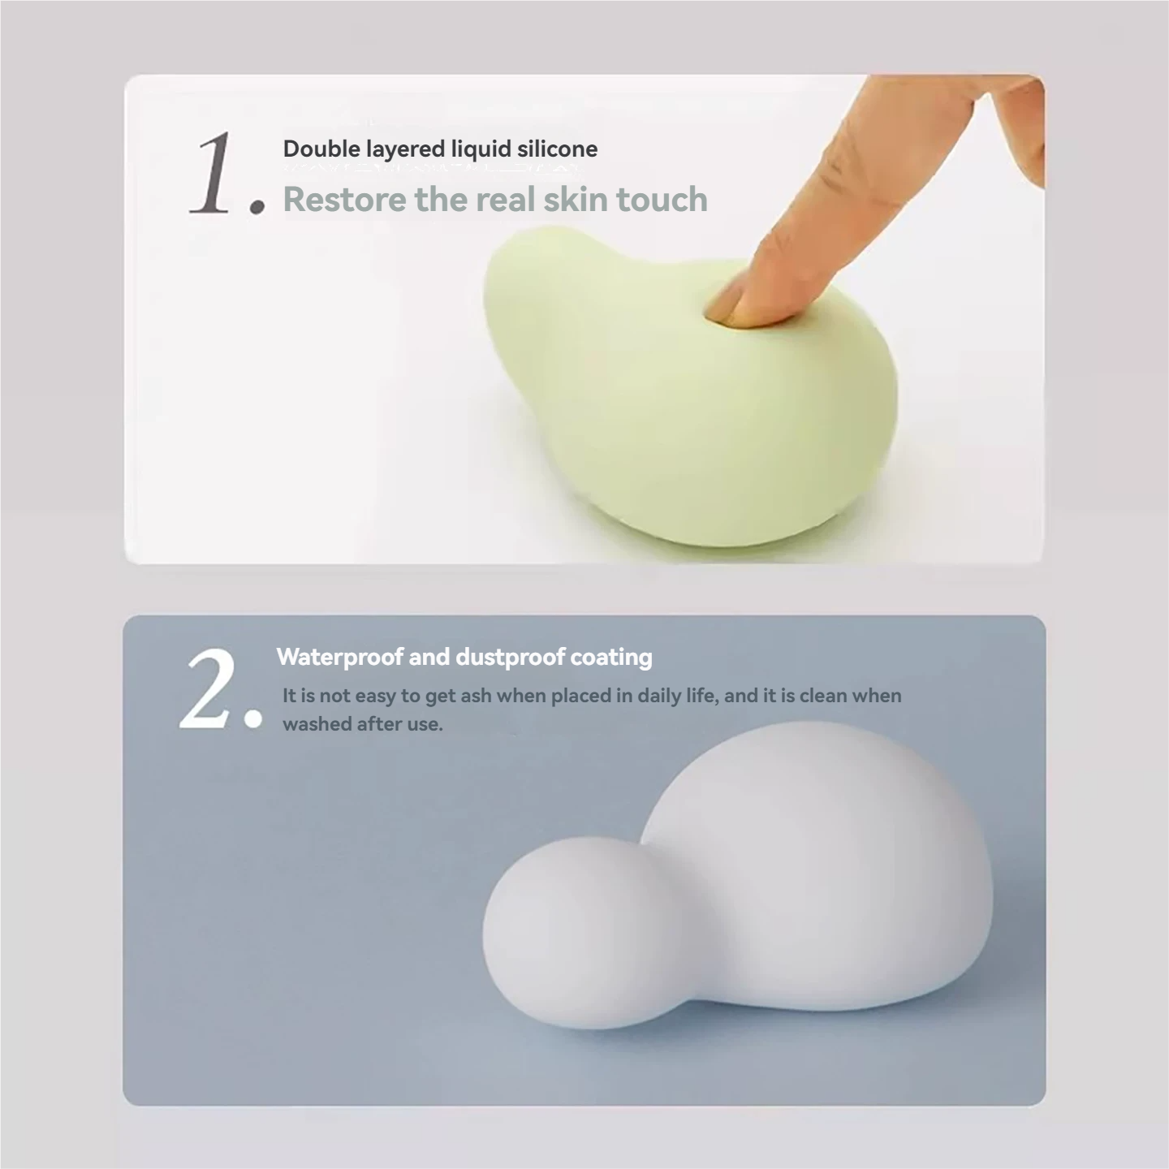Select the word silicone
click(557, 149)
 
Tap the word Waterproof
click(339, 657)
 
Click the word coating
click(611, 657)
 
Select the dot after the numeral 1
click(257, 205)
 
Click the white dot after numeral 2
click(252, 719)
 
